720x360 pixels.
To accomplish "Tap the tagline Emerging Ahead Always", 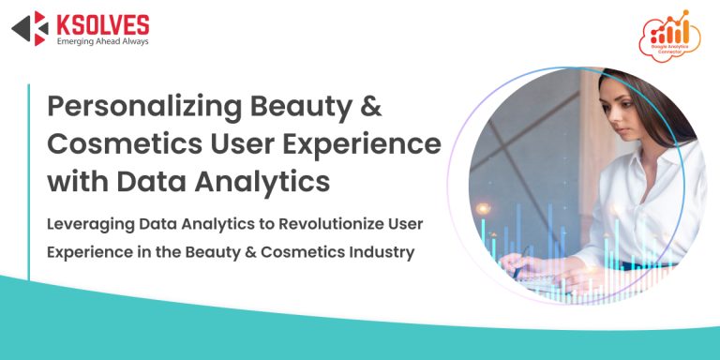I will [102, 41].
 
